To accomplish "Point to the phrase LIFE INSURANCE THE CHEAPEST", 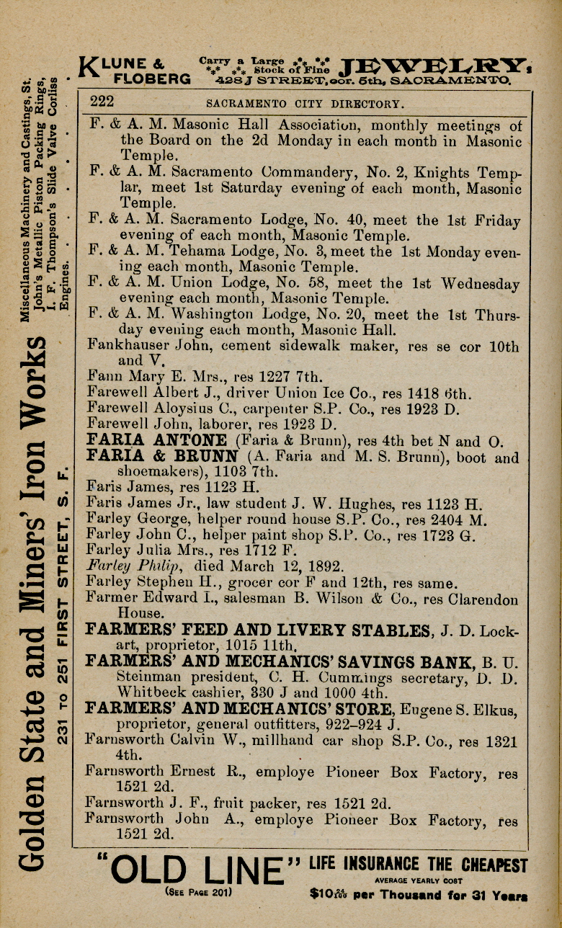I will click(x=418, y=864).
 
